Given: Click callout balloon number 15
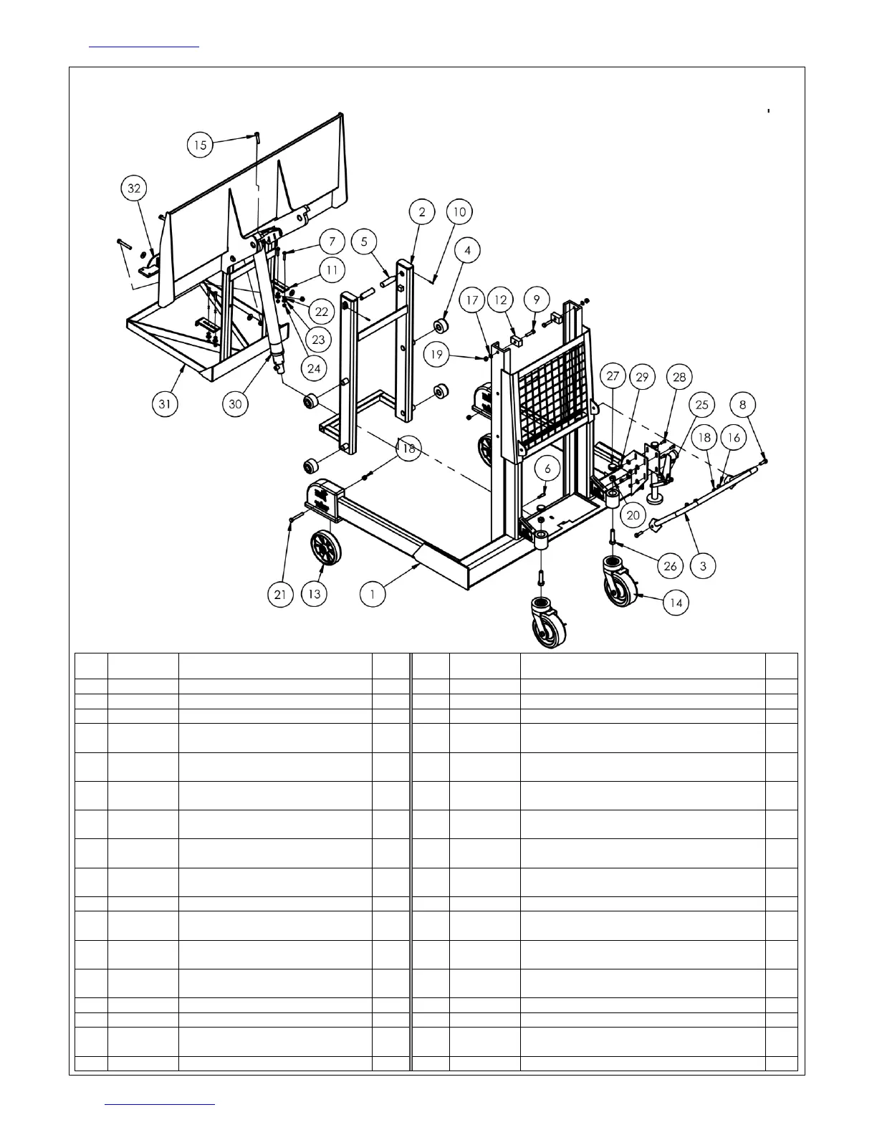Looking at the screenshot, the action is tap(201, 145).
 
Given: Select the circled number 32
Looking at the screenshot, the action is tap(134, 188).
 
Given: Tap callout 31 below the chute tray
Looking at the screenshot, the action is tap(167, 404).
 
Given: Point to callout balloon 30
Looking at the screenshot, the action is tap(235, 404).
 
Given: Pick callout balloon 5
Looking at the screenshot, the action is tap(364, 241).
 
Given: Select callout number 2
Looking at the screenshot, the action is tap(422, 212).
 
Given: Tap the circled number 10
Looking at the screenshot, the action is tap(459, 212).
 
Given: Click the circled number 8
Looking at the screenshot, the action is tap(743, 405).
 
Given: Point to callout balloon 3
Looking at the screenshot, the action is tap(703, 566).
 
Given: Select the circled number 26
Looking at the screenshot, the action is tap(670, 566).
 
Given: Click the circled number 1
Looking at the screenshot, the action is tap(373, 594).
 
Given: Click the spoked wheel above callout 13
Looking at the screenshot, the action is tap(326, 549).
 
